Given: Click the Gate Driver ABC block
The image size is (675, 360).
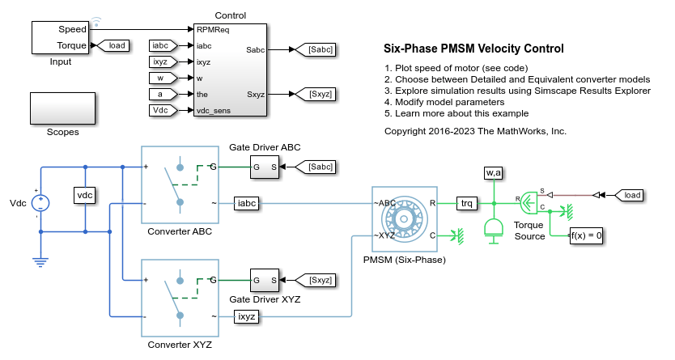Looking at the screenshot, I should [265, 167].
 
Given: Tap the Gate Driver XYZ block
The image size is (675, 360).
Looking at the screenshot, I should [265, 280].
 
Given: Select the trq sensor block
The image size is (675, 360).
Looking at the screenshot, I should [468, 203].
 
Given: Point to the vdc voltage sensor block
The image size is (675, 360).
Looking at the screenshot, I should [85, 196].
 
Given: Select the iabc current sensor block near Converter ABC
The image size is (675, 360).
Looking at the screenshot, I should [247, 203].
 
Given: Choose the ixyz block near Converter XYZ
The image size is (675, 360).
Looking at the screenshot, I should [247, 316].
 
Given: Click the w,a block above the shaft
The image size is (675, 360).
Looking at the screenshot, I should [493, 172].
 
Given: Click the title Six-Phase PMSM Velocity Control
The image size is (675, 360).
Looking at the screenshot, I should [473, 49].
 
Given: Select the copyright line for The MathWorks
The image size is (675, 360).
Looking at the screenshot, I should [475, 130].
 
